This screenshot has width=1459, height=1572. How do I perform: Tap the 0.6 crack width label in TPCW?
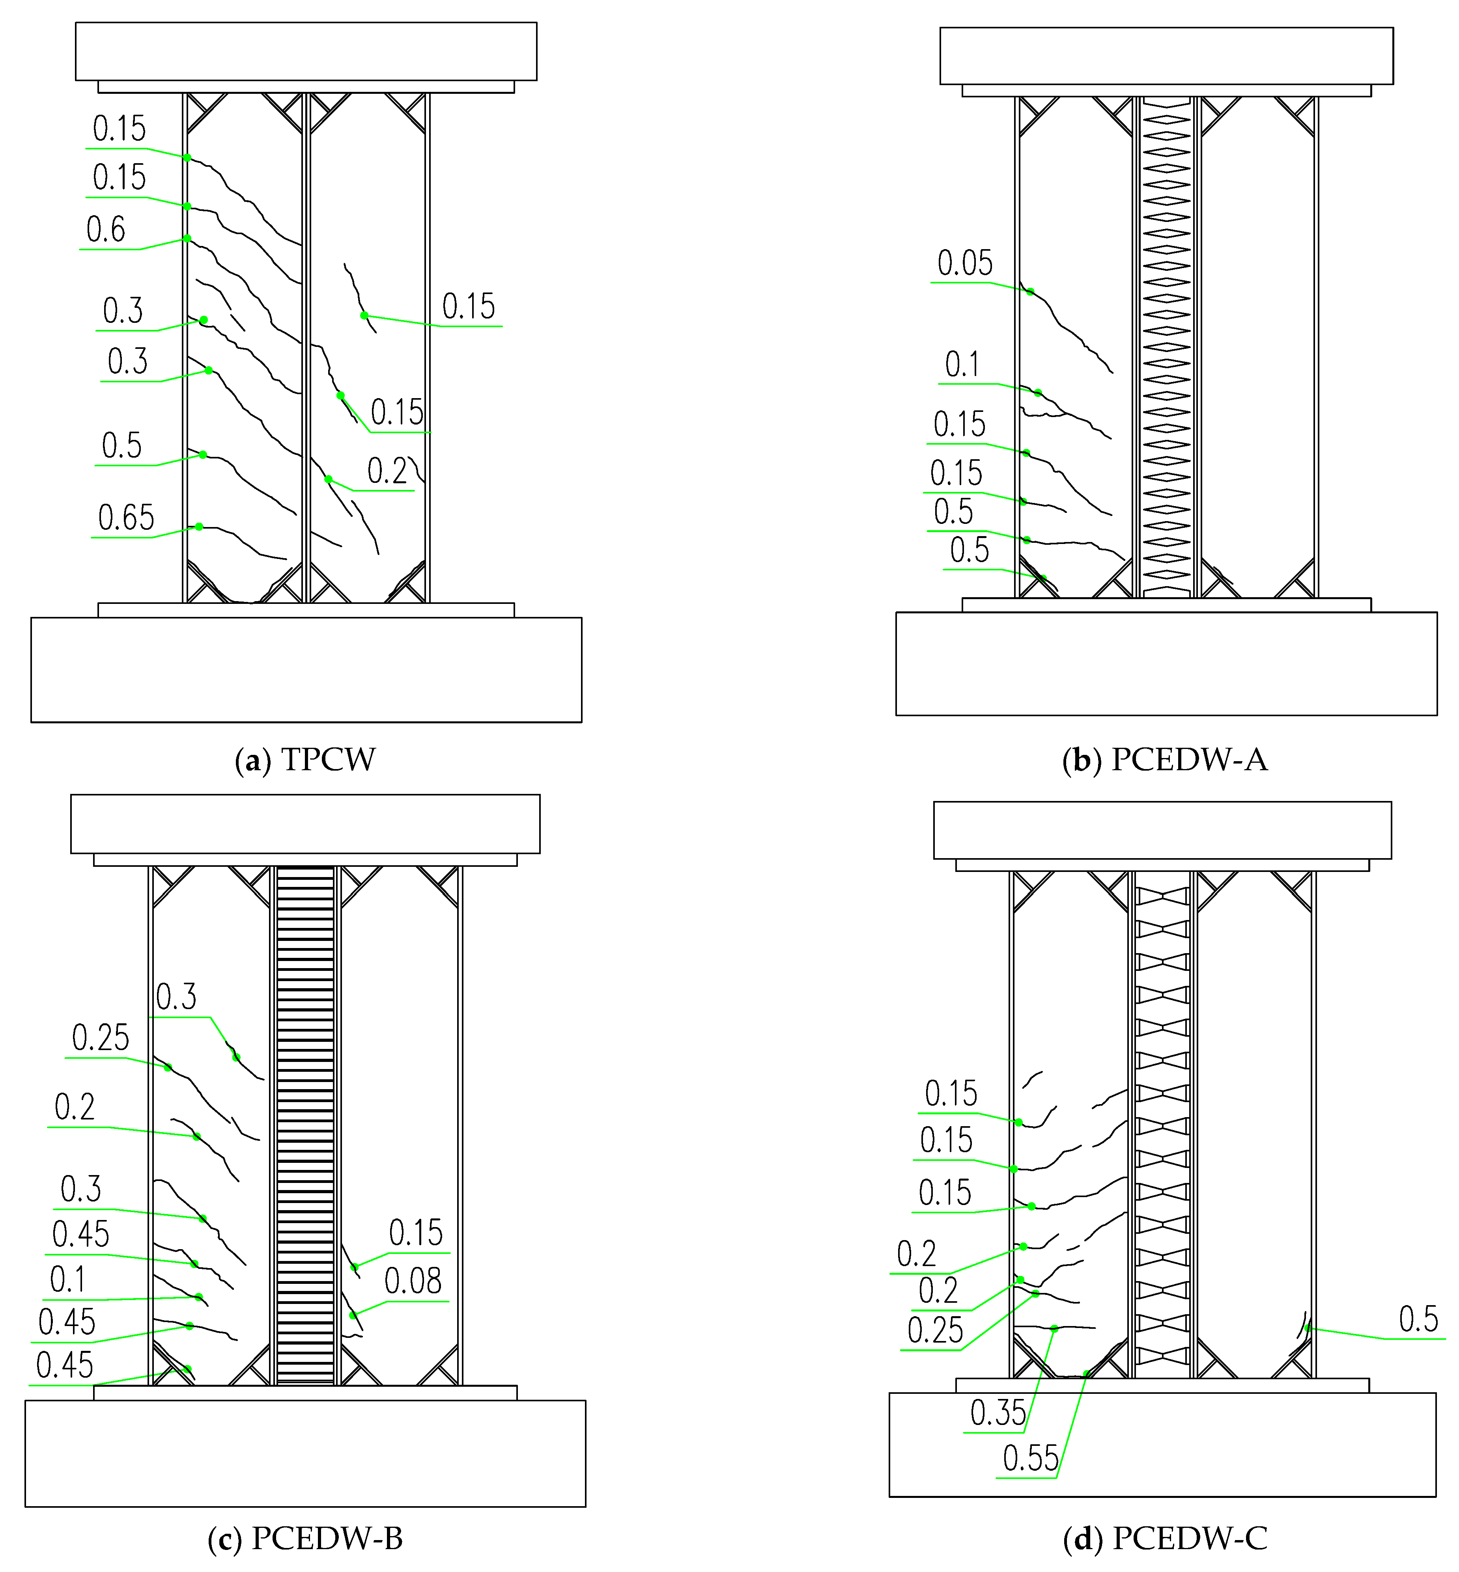tap(106, 230)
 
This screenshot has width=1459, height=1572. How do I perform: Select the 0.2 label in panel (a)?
tap(387, 471)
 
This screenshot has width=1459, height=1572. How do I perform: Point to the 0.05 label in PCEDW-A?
tap(965, 263)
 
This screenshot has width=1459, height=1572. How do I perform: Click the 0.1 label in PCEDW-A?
tap(962, 365)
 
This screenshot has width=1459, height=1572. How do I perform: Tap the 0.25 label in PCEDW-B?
tap(100, 1038)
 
